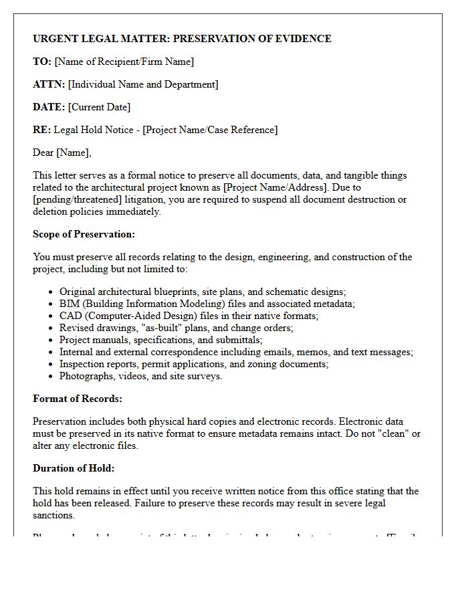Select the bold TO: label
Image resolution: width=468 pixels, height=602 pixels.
point(42,62)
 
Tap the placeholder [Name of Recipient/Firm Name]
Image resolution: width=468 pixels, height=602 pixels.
point(124,62)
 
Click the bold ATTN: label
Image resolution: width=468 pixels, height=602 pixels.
point(49,84)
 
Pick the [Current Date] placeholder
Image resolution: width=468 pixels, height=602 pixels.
point(100,107)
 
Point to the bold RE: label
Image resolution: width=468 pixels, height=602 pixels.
point(41,130)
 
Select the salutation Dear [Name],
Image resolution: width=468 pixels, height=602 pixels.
point(62,153)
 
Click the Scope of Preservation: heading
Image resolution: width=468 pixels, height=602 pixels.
point(84,234)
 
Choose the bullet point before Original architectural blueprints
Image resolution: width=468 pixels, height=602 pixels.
point(51,292)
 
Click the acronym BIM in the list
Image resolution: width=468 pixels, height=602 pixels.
point(70,304)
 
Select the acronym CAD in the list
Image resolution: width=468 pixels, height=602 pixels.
point(70,316)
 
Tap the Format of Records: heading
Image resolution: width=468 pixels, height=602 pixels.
point(78,399)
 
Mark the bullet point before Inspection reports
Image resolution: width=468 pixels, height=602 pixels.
point(51,365)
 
